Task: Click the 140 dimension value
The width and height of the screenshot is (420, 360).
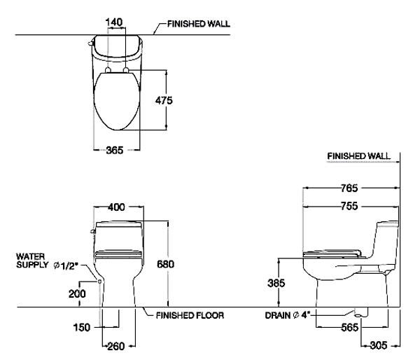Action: (114, 22)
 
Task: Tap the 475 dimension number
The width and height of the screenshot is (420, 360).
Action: (164, 100)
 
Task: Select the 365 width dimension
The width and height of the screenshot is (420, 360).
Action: (115, 150)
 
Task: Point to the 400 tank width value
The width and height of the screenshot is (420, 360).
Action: (116, 207)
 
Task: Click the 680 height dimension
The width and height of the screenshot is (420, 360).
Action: (165, 264)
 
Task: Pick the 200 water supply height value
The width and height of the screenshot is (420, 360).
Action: (77, 293)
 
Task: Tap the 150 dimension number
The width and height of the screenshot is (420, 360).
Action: (82, 327)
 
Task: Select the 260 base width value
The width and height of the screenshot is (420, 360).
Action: (116, 346)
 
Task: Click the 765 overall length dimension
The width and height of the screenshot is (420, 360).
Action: (349, 188)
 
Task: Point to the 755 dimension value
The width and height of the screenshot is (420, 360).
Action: (349, 206)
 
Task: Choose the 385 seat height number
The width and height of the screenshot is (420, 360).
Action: (276, 283)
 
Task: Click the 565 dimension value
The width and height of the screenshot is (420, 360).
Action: (349, 327)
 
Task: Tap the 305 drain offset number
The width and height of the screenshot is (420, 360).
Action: (379, 345)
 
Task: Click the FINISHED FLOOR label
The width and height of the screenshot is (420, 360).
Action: (190, 315)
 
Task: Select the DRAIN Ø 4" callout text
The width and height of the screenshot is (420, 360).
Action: (286, 315)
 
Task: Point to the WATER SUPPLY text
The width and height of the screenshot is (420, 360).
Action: (32, 261)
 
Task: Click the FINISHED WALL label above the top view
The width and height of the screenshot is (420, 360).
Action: (199, 24)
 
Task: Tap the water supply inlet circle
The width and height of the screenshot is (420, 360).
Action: (99, 282)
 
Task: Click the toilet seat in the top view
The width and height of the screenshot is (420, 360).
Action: (117, 102)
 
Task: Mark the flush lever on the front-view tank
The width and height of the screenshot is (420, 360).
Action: (92, 231)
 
